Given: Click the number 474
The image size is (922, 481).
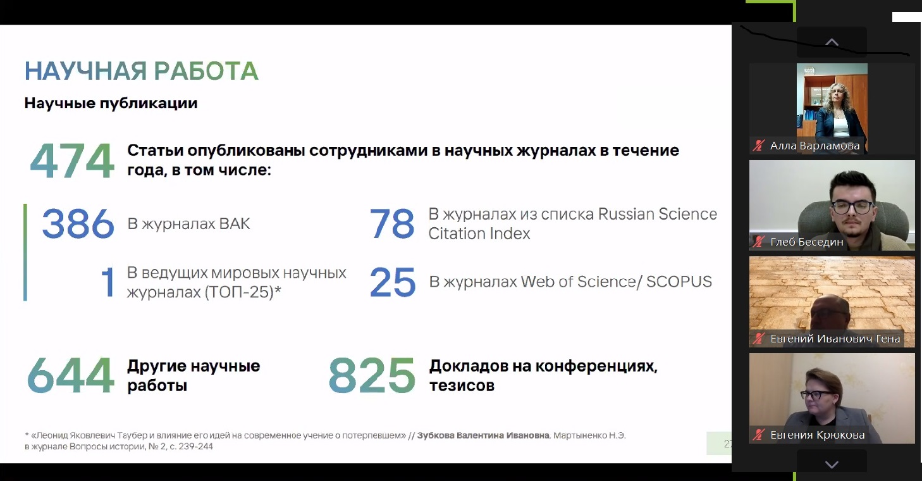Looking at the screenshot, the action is tap(72, 161).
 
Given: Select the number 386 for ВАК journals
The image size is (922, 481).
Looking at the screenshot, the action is tap(78, 223).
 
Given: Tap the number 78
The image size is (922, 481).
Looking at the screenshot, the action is tap(392, 223).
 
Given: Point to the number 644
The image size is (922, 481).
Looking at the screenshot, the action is tap(70, 375).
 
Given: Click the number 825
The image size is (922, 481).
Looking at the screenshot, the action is tap(372, 375).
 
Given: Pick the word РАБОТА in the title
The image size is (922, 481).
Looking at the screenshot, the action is tap(206, 71).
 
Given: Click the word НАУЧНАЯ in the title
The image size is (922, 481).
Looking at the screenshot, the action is tap(85, 71).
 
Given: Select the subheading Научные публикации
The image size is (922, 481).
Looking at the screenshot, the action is tap(111, 103).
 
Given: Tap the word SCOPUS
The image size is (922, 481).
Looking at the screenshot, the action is tap(679, 282).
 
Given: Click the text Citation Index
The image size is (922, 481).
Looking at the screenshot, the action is tap(479, 234).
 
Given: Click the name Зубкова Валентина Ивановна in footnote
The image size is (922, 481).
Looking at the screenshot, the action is tap(483, 435).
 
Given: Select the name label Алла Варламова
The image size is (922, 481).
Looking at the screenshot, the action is tap(814, 146).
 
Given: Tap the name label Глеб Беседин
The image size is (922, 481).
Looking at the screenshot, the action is tap(807, 242).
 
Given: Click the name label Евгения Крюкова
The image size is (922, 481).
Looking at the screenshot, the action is tap(818, 435).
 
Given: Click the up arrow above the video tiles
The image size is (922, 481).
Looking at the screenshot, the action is tap(832, 42).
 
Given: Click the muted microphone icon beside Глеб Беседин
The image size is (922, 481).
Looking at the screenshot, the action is tap(758, 242).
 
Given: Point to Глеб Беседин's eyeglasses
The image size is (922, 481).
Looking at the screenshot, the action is tap(852, 206).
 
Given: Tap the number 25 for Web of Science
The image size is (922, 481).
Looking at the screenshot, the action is tap(393, 282).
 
